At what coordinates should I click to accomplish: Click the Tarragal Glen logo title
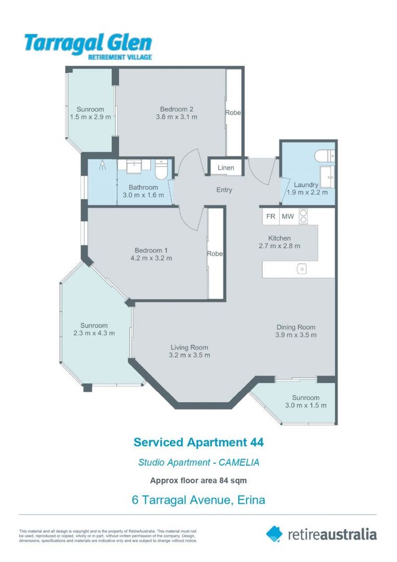tap(88, 43)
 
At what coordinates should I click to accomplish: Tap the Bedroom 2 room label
tap(176, 109)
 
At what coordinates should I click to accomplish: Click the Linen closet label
tap(226, 168)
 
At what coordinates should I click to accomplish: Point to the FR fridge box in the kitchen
tap(271, 216)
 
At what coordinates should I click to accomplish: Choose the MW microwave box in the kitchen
tap(287, 216)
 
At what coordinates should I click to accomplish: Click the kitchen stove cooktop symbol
tap(303, 216)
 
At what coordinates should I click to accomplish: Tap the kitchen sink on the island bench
tap(301, 269)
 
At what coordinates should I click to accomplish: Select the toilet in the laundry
tap(325, 155)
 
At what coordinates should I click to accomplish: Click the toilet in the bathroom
tap(161, 169)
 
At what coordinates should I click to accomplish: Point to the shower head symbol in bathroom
tap(103, 165)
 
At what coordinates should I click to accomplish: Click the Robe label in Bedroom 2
tap(233, 112)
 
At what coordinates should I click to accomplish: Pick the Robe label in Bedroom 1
tap(215, 254)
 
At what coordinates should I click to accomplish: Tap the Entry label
tap(224, 190)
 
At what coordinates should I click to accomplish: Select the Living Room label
tap(189, 348)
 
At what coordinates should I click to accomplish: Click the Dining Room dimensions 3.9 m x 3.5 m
tap(296, 335)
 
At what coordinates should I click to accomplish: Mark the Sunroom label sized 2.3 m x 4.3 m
tap(94, 326)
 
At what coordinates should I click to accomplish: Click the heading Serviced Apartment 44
tap(198, 442)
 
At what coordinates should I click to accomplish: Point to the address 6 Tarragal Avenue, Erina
tap(198, 500)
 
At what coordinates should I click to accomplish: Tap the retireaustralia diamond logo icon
tap(274, 533)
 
